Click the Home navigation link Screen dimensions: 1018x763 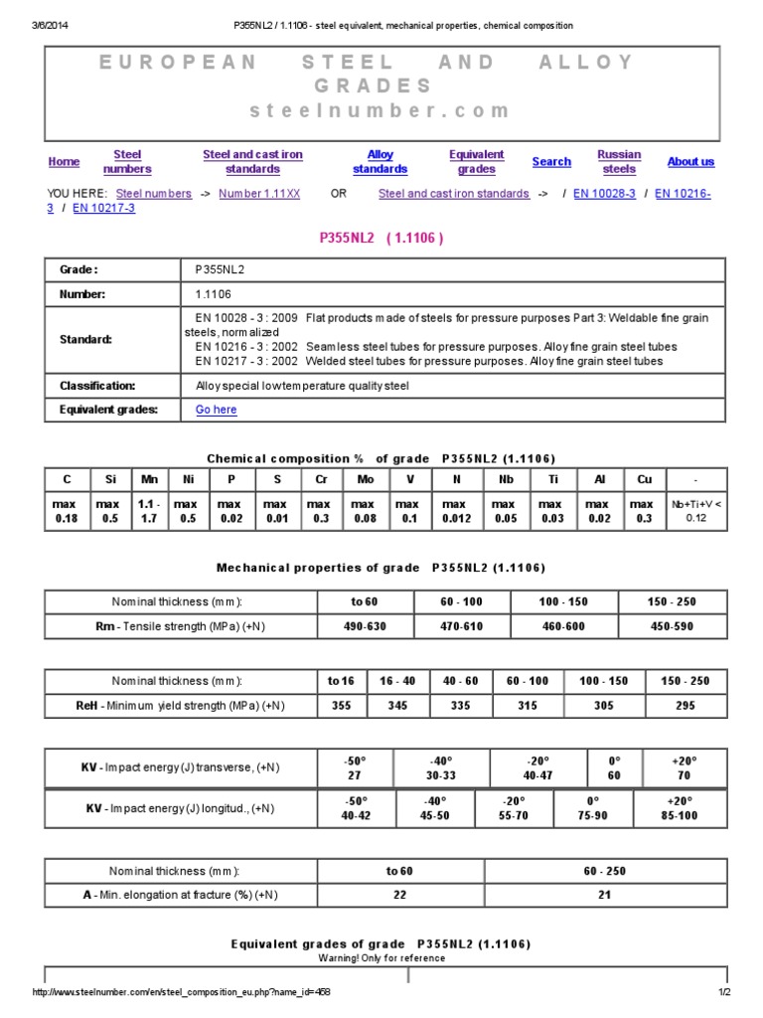(x=64, y=162)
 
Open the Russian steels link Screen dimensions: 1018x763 (x=619, y=162)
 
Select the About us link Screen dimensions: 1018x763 (x=690, y=162)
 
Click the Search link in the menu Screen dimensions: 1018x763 (x=551, y=162)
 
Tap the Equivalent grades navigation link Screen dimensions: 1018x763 (x=476, y=162)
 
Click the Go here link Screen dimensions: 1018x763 (x=216, y=410)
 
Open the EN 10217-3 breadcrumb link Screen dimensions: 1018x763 (x=103, y=209)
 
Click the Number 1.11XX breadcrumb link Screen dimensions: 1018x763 (x=259, y=194)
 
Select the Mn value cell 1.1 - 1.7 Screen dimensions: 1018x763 (x=148, y=512)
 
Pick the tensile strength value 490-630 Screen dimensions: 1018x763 (x=364, y=627)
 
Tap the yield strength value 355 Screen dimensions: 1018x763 (x=341, y=706)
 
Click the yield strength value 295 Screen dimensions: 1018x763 (x=687, y=706)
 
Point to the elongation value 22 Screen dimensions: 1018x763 (x=398, y=895)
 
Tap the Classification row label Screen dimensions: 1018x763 (x=97, y=386)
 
